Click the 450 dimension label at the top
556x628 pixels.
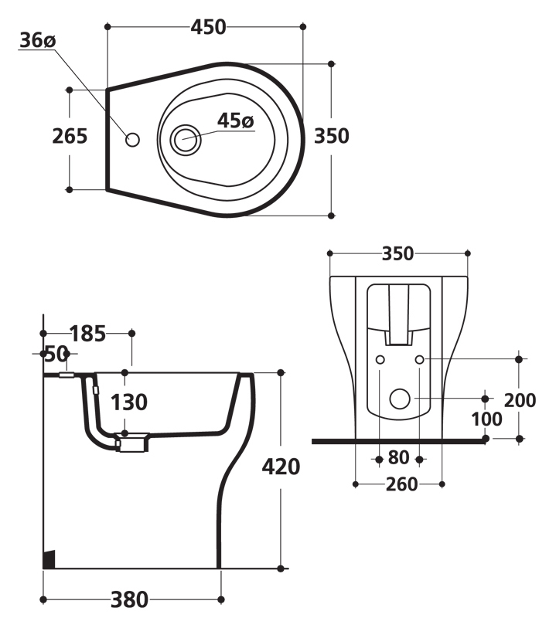point(208,27)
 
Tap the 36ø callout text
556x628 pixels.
point(38,40)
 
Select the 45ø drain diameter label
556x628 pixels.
point(236,121)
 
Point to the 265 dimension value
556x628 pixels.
point(70,136)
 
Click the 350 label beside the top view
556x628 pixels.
point(332,136)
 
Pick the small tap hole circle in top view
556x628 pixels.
point(133,140)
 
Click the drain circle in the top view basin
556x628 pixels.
point(185,140)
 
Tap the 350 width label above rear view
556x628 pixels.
point(397,253)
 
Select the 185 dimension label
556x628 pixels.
point(88,334)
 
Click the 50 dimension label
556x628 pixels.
point(56,354)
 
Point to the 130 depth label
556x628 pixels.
point(129,402)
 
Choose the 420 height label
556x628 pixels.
point(281,467)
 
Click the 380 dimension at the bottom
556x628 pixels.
point(129,599)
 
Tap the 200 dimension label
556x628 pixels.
point(520,400)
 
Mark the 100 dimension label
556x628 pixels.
point(486,419)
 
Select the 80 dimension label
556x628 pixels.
point(398,457)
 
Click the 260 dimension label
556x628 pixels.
point(401,484)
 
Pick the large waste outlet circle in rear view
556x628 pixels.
point(400,399)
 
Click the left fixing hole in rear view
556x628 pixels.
point(380,360)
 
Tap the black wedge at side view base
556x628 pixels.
point(49,559)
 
